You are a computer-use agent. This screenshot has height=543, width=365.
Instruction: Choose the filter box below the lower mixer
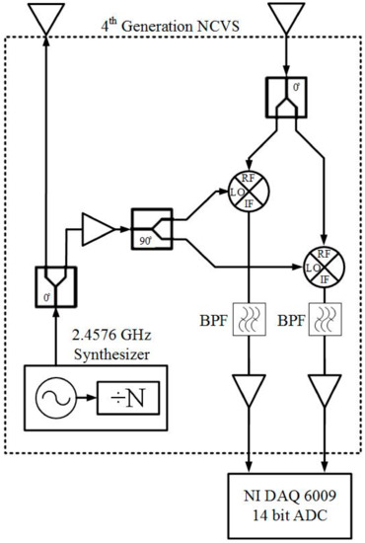[x=325, y=322]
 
